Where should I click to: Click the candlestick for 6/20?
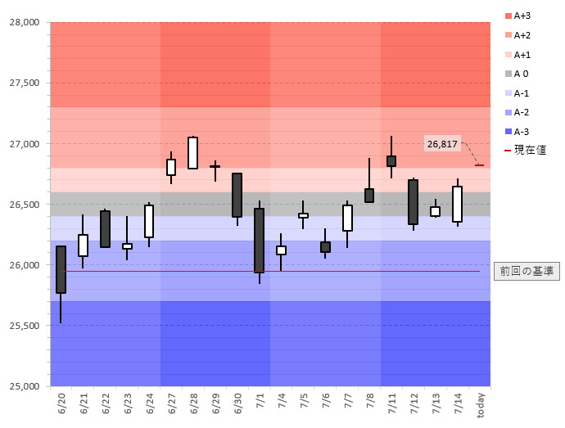click(x=61, y=269)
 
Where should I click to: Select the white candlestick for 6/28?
click(x=193, y=152)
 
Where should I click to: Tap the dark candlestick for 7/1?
click(x=260, y=240)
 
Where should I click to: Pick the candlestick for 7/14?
click(x=457, y=204)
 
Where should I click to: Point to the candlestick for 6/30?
click(x=237, y=195)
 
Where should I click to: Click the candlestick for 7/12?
click(x=414, y=201)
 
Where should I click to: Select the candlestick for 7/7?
click(x=347, y=218)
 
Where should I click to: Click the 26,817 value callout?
click(x=442, y=144)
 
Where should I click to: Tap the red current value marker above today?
click(x=479, y=165)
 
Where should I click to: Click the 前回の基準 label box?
click(x=527, y=271)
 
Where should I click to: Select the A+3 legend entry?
click(x=518, y=16)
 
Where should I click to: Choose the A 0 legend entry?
click(x=518, y=74)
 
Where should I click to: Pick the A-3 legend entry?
click(x=518, y=132)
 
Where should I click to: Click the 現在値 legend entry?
click(x=523, y=150)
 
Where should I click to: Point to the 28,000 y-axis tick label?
click(x=24, y=22)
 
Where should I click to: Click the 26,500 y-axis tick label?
click(x=24, y=205)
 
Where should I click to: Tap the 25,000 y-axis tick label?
click(x=24, y=386)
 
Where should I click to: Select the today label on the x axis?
click(x=481, y=403)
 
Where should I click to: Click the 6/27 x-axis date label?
click(x=172, y=402)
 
